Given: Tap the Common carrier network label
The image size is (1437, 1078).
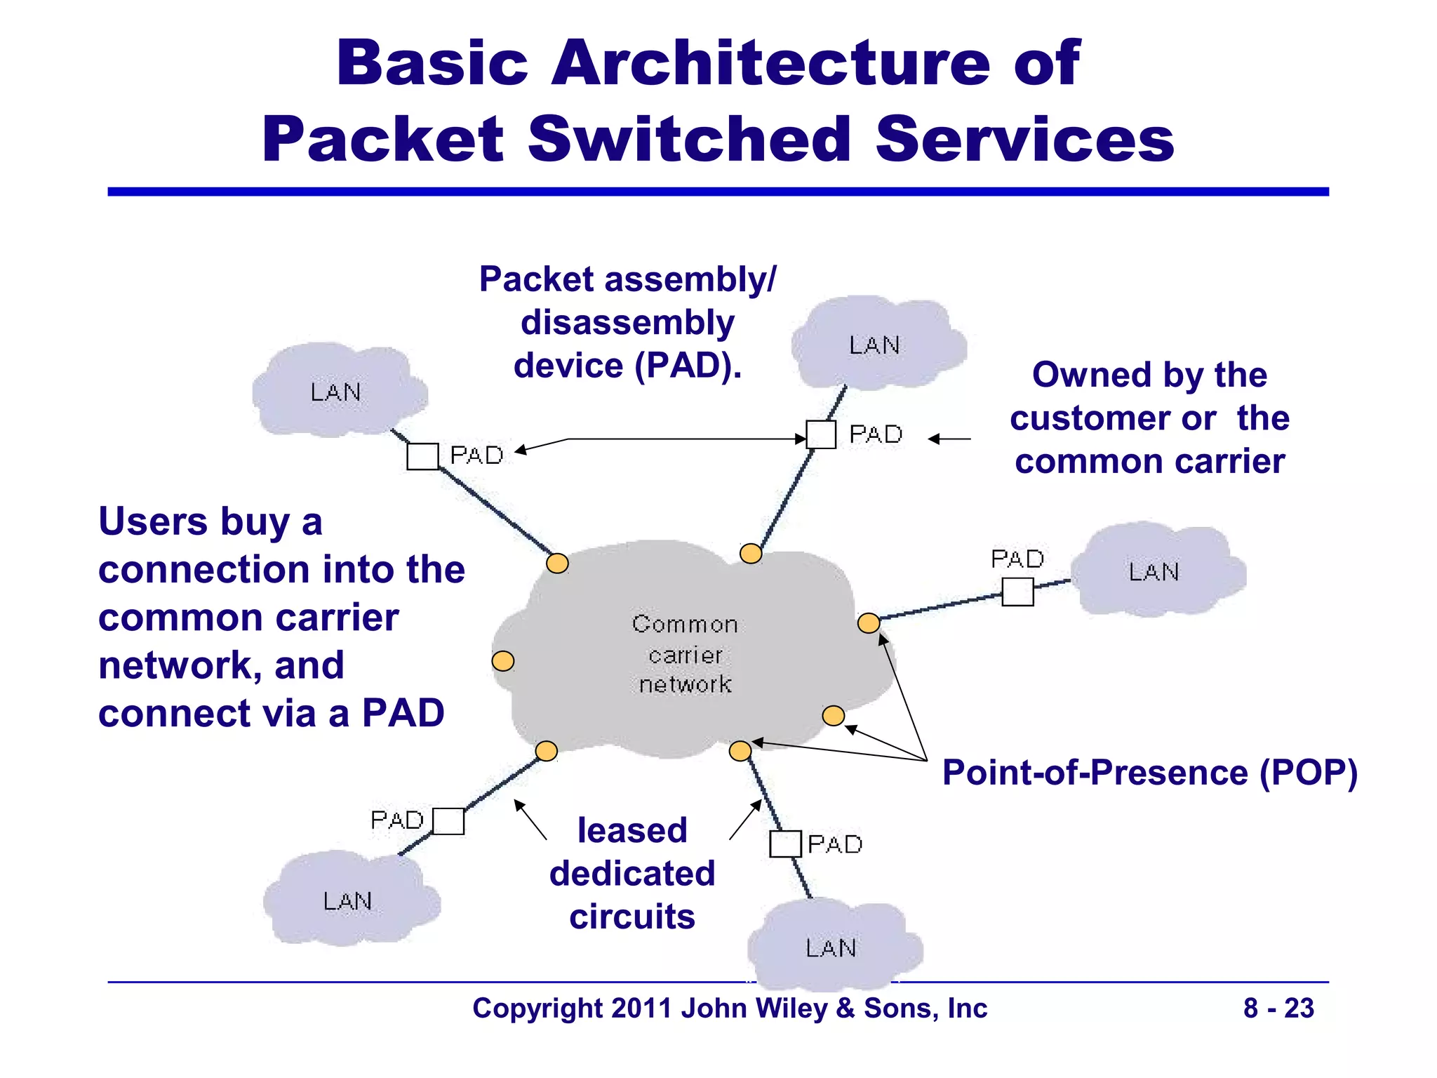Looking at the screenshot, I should [x=685, y=654].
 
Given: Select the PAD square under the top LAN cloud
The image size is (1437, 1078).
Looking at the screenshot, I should [x=820, y=434].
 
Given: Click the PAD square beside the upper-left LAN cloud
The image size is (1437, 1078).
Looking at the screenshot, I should [x=422, y=456].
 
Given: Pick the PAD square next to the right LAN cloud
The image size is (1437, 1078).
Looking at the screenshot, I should [x=1017, y=592].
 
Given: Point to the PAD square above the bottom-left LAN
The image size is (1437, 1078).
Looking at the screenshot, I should [x=448, y=821].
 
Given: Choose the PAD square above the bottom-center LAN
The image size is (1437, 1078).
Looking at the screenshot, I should [x=785, y=844].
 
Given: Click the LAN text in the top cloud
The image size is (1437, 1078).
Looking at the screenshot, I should [x=874, y=345].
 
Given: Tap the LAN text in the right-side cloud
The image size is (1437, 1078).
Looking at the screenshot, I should [x=1154, y=572].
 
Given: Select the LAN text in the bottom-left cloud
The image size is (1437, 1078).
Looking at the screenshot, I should [x=347, y=901].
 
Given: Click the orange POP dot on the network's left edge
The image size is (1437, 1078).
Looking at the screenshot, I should [x=503, y=660].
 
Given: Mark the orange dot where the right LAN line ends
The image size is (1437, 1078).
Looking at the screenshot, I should [x=869, y=623].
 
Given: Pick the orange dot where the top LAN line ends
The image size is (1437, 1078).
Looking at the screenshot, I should [x=751, y=554].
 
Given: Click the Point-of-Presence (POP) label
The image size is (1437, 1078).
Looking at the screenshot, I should [x=1149, y=773].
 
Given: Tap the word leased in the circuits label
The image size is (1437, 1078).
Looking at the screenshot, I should [x=632, y=830].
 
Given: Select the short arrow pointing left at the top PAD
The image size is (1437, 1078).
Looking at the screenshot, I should [x=949, y=439].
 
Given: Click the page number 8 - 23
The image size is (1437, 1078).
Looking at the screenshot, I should [x=1278, y=1009].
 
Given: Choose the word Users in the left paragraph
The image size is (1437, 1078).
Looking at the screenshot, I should [x=153, y=522].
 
